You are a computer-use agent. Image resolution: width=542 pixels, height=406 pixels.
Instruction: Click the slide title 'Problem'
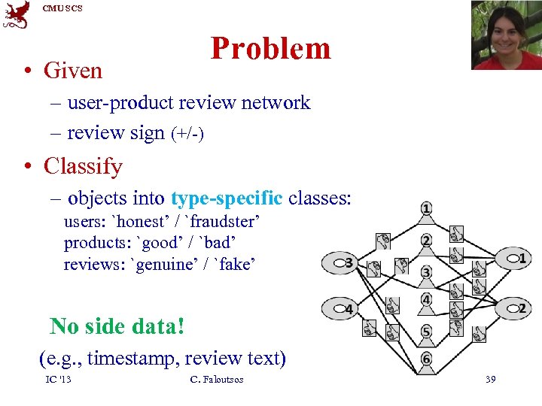(270, 48)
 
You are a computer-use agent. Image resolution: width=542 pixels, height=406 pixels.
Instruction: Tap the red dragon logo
(17, 15)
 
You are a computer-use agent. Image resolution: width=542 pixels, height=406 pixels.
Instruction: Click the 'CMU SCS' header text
(62, 8)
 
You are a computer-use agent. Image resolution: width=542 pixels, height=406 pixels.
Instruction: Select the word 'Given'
(73, 71)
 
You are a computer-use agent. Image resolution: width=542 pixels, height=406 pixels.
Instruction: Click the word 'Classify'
(83, 165)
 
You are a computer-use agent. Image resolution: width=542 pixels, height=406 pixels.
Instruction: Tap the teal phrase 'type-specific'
(227, 198)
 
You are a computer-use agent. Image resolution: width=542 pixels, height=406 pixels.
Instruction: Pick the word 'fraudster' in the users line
(224, 223)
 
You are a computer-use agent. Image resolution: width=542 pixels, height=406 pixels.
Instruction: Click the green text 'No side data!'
(117, 326)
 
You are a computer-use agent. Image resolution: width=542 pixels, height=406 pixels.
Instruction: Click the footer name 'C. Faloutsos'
(217, 379)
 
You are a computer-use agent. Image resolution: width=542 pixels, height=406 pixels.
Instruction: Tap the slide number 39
(490, 379)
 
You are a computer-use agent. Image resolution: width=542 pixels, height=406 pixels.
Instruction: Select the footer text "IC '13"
(58, 379)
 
